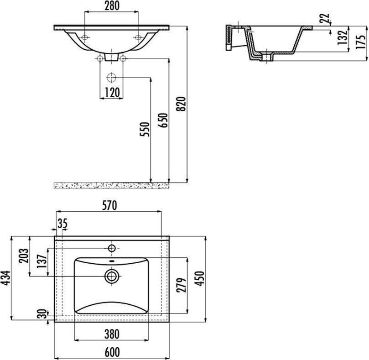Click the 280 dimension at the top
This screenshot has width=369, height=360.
coord(112,5)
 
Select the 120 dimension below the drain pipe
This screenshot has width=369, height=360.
coord(112,92)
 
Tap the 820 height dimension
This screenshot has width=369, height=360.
coord(182,104)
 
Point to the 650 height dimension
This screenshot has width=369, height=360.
coord(163,120)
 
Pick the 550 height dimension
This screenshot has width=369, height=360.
coord(145,129)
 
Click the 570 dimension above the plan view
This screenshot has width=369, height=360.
coord(109,205)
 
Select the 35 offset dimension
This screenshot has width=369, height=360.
coord(62,223)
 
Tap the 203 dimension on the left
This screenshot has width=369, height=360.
coord(24,256)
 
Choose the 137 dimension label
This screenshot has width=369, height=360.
coord(42,261)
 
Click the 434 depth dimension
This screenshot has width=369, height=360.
coord(5,278)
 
